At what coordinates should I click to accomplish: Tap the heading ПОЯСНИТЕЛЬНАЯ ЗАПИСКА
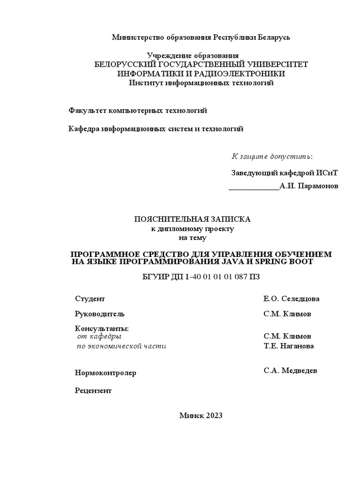193,219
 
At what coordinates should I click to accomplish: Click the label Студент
90,299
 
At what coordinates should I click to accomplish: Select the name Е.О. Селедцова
292,299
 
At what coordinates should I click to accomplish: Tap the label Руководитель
100,314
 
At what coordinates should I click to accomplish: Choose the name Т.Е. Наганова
289,346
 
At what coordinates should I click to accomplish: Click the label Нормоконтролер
105,373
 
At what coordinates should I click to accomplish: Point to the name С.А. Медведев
290,371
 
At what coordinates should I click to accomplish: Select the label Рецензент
93,391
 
